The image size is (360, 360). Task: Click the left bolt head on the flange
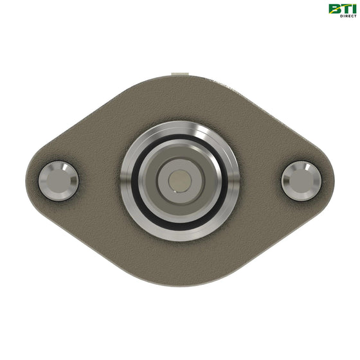pos(59,181)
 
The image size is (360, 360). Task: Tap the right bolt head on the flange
pos(301,181)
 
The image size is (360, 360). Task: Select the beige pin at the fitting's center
pos(180,181)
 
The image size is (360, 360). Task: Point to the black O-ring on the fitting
pos(133,181)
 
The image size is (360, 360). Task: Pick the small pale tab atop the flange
pos(180,74)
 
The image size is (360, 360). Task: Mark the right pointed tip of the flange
pos(334,181)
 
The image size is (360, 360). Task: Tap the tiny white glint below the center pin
pos(175,192)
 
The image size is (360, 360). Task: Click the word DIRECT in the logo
pos(348,16)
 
